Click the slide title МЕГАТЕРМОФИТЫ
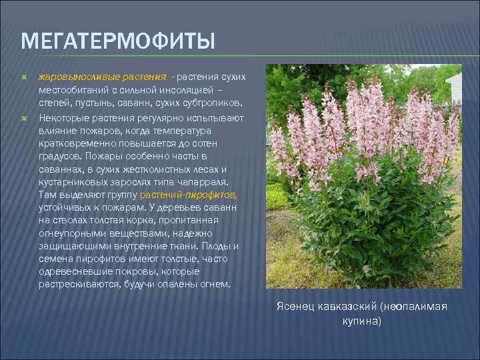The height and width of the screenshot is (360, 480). tap(118, 41)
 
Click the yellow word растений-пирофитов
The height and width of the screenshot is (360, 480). tap(189, 194)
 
